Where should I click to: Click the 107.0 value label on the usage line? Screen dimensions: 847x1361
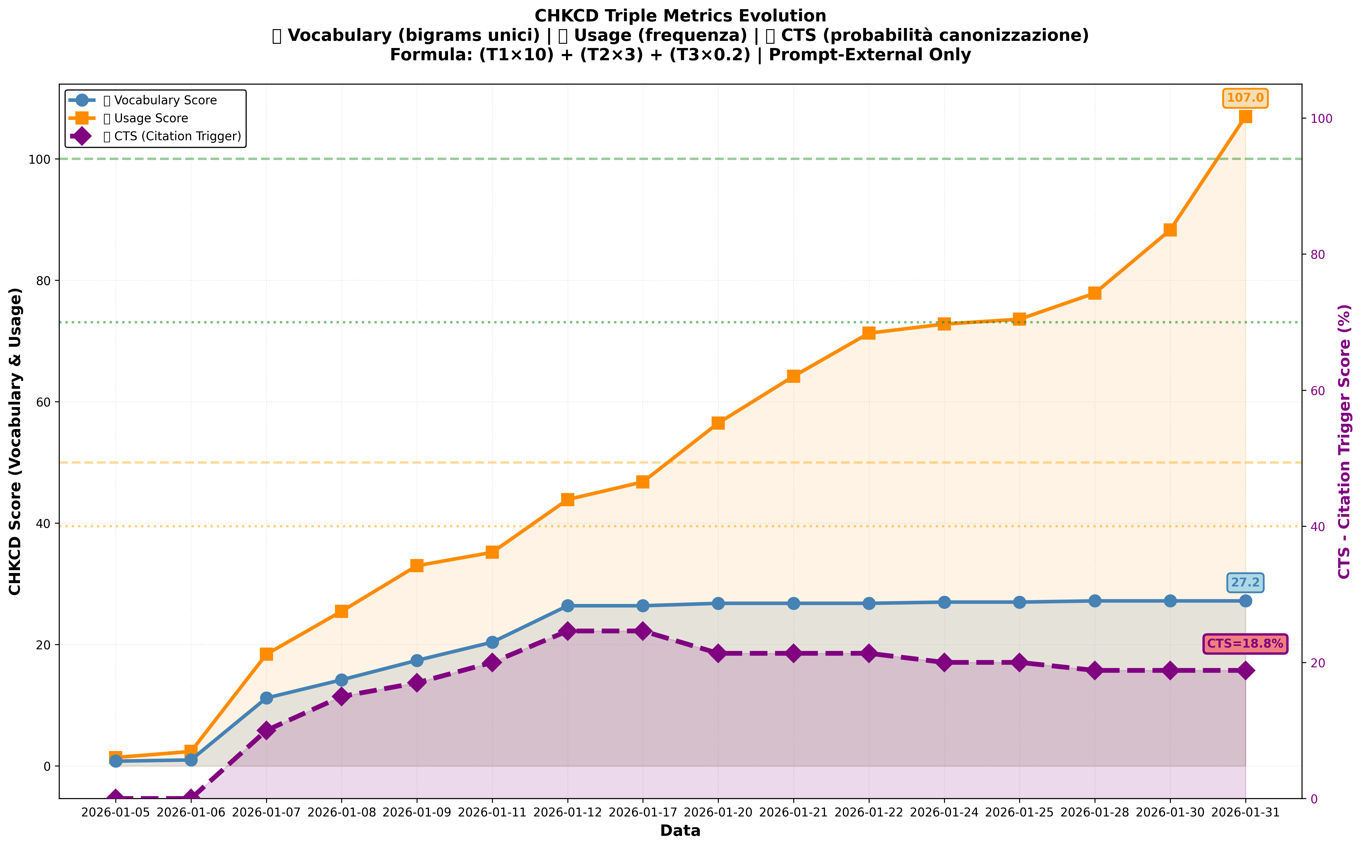(x=1244, y=98)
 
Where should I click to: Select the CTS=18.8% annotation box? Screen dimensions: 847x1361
(x=1244, y=644)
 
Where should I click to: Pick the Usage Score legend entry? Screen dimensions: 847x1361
(x=146, y=118)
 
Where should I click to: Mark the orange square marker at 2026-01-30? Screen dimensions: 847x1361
(x=1170, y=230)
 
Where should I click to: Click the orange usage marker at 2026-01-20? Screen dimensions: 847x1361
(x=718, y=423)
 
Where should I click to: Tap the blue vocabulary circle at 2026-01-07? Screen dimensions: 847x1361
(x=266, y=698)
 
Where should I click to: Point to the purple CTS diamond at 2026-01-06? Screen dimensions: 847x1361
(x=191, y=798)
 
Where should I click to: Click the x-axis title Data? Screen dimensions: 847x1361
(x=680, y=831)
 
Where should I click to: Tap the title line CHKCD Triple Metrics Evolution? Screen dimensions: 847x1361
(x=680, y=16)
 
